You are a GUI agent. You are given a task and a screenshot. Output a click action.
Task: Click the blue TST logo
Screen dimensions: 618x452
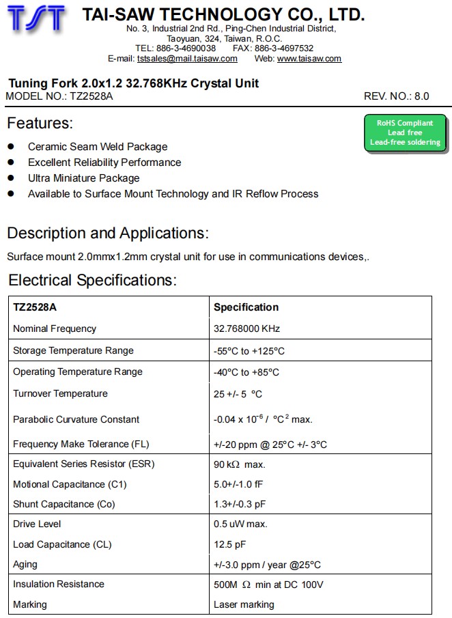tap(38, 19)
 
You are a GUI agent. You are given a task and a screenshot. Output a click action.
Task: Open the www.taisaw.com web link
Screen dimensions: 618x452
tap(309, 59)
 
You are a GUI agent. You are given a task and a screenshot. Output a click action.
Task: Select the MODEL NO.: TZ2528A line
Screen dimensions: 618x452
tap(59, 96)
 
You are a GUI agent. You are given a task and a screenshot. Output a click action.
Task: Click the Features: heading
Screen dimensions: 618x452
tap(40, 124)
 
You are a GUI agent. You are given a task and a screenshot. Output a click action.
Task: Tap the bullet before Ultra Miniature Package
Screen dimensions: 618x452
tap(11, 178)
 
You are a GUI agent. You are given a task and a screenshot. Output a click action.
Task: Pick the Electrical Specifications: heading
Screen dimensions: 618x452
tap(92, 280)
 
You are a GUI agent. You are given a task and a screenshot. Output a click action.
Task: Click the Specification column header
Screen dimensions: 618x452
tap(246, 307)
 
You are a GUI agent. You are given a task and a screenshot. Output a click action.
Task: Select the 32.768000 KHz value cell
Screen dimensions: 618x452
tap(246, 328)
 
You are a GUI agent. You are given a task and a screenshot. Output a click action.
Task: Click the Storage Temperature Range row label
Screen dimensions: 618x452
tap(73, 350)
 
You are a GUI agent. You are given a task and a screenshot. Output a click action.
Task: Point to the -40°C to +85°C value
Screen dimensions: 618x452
tap(246, 372)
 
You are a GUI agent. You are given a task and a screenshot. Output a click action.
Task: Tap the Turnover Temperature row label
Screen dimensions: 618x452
tap(60, 393)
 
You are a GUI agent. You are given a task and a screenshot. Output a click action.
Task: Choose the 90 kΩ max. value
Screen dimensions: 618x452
tap(239, 464)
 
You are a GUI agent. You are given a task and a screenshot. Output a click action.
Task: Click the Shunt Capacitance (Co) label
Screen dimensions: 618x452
tap(63, 504)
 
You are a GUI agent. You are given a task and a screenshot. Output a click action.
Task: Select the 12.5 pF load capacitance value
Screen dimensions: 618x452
tap(229, 544)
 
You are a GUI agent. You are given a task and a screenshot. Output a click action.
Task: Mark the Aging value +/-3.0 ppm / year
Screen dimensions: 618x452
tap(267, 565)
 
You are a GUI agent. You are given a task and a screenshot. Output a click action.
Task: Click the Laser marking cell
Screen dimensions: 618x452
tap(244, 604)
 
